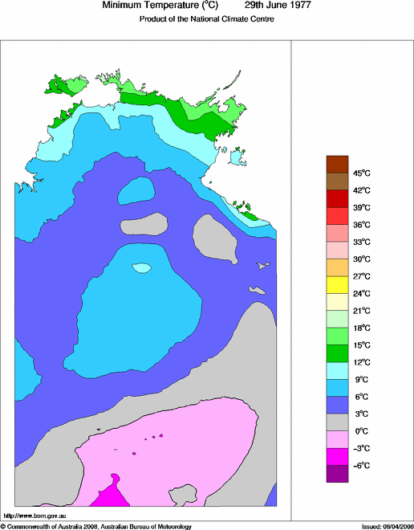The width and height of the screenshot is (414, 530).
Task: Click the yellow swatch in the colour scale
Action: (x=337, y=284)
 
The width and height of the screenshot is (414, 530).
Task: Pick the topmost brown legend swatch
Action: (x=337, y=164)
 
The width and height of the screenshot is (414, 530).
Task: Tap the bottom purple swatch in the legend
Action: (x=337, y=474)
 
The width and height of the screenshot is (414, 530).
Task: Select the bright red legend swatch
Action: (x=337, y=215)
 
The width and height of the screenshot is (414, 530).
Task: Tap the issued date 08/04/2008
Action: (x=392, y=526)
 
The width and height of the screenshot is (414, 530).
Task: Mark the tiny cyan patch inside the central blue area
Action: (x=141, y=267)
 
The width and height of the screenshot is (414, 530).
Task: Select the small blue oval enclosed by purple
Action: (x=136, y=192)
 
